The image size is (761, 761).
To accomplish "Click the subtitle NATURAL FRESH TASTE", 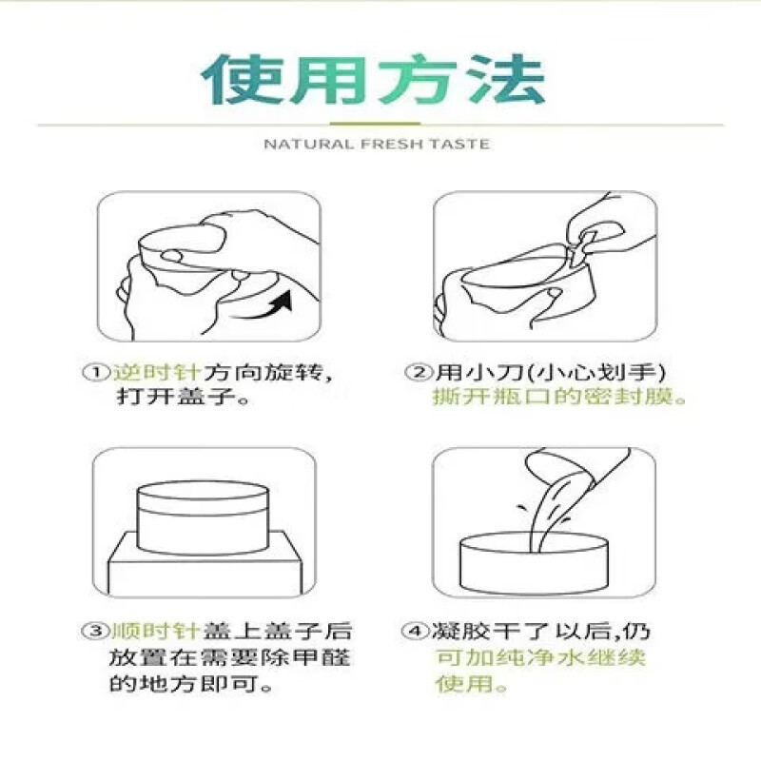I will tap(376, 144).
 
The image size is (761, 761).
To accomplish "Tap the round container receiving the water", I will tap(534, 561).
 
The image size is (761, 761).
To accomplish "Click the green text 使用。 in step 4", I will tap(472, 683).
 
